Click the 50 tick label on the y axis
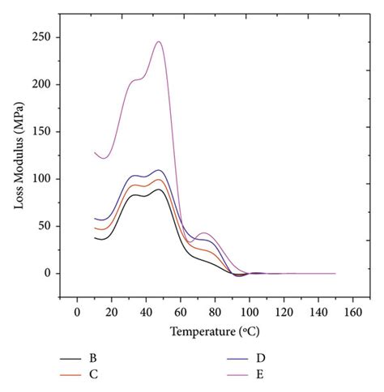(x=45, y=226)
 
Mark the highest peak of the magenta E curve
(x=159, y=42)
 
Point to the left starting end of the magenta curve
(x=95, y=152)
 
